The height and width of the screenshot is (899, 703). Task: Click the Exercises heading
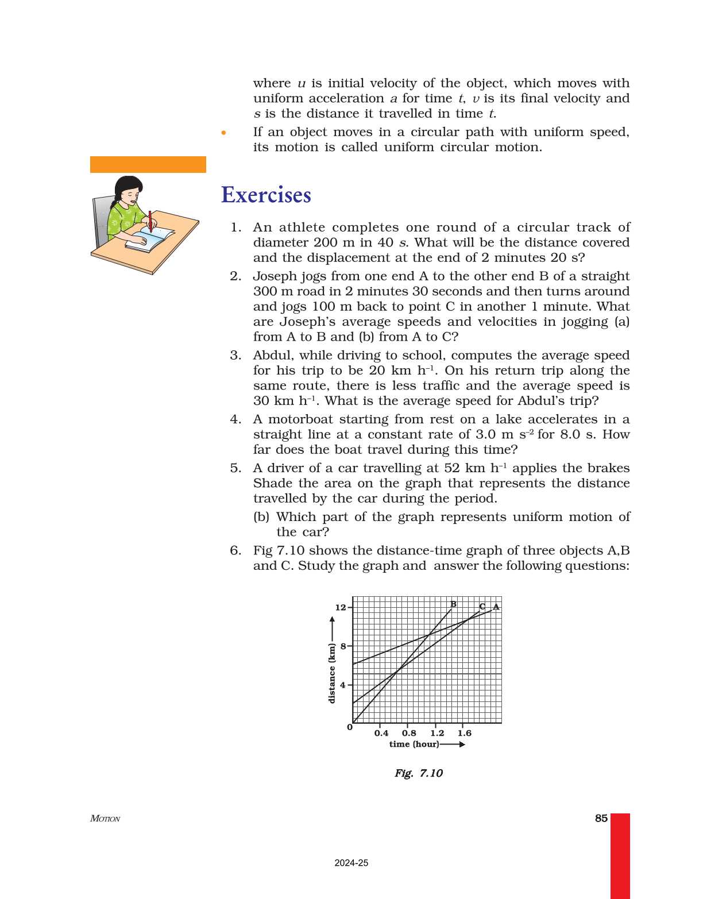[x=266, y=195]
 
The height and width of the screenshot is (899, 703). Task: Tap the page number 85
[x=601, y=818]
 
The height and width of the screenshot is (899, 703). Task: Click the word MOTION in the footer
[x=105, y=819]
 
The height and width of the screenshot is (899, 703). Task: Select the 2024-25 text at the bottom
[x=351, y=863]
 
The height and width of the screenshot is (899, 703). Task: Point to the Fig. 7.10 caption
[x=418, y=773]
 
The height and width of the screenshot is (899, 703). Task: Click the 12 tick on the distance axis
[x=341, y=607]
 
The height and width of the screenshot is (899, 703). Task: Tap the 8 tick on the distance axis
[x=343, y=646]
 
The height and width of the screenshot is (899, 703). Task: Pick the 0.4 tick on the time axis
[x=381, y=733]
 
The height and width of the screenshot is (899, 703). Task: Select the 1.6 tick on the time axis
[x=464, y=733]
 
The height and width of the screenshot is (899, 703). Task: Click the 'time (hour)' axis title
[x=414, y=744]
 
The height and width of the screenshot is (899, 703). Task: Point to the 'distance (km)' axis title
[x=331, y=673]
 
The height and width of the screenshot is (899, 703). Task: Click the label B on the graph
[x=453, y=604]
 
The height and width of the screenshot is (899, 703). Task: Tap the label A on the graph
[x=496, y=607]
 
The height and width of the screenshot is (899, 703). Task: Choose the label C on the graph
[x=482, y=607]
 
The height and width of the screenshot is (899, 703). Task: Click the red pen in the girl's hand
[x=150, y=221]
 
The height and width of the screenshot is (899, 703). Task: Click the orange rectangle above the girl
[x=148, y=164]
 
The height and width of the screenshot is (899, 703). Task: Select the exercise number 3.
[x=235, y=355]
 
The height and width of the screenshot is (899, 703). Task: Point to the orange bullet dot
[x=223, y=133]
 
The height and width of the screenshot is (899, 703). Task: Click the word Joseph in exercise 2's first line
[x=274, y=276]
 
